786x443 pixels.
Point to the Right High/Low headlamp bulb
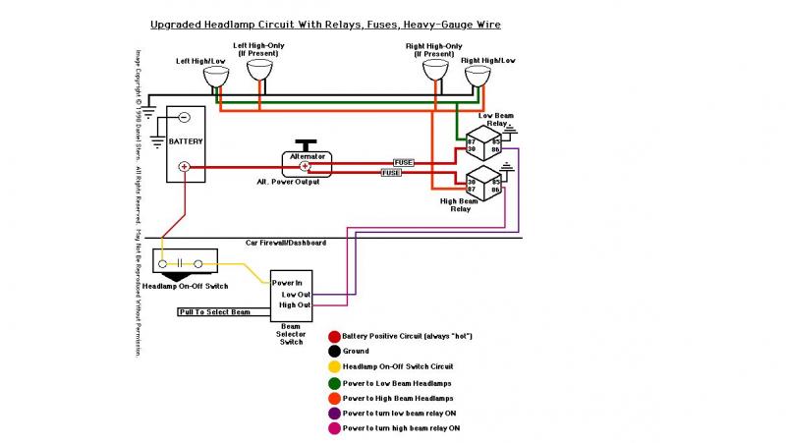(x=479, y=73)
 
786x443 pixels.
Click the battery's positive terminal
(x=184, y=167)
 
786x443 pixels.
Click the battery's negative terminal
(x=184, y=118)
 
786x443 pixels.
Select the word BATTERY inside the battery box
(x=186, y=141)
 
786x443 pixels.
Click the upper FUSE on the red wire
(x=404, y=161)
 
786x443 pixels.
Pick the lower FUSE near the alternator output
(x=390, y=173)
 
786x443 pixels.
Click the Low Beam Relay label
(x=494, y=120)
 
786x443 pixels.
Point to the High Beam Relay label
(x=461, y=204)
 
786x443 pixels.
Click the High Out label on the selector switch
(x=295, y=305)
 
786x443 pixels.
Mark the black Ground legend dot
(x=335, y=350)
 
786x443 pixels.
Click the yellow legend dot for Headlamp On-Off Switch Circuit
(x=335, y=365)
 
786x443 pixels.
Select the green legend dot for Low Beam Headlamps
(x=335, y=382)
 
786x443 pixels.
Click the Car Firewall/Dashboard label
(x=286, y=242)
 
